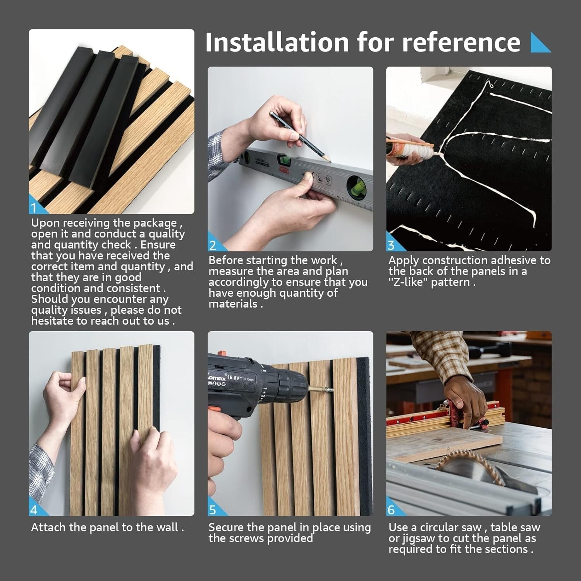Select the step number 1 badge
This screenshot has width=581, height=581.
tap(34, 208)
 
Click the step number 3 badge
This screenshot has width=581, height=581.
tap(391, 245)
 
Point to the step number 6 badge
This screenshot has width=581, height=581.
tap(391, 510)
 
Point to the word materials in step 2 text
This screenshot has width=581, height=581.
tap(233, 304)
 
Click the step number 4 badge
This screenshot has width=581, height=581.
tap(34, 510)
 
